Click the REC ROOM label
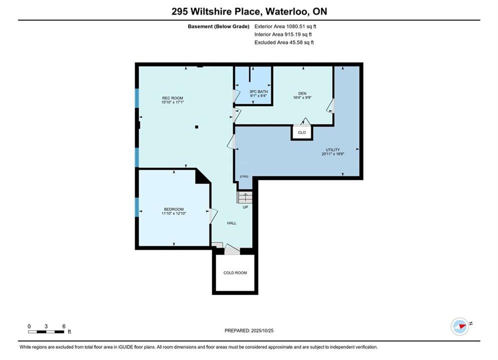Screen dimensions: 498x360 173,98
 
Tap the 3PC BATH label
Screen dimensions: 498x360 259,91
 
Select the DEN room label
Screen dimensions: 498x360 302,93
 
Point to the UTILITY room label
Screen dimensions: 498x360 332,149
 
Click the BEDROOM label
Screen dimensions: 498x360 174,209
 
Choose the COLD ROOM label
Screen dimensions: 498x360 235,273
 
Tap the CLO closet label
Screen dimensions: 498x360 302,132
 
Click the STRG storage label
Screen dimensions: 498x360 244,176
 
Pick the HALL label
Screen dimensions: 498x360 232,223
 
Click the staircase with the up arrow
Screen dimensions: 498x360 245,197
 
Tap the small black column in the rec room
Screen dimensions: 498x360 197,127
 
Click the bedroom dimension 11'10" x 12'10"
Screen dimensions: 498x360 174,213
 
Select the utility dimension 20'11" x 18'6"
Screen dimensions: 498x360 333,154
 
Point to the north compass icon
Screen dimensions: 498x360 460,326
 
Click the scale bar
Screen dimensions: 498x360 46,332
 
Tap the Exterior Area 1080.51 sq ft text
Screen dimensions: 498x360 285,26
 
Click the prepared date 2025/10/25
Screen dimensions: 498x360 262,330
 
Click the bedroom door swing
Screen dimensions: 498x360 213,215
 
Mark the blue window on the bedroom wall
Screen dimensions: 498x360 137,207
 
